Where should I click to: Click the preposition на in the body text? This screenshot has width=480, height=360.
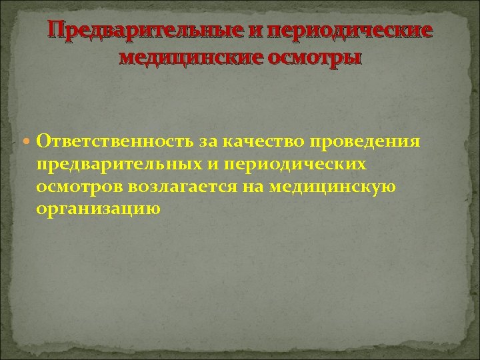click(254, 187)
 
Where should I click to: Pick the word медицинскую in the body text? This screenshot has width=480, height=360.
click(333, 187)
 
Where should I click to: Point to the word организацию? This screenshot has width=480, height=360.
click(99, 209)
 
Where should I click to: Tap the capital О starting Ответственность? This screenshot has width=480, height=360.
click(45, 141)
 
